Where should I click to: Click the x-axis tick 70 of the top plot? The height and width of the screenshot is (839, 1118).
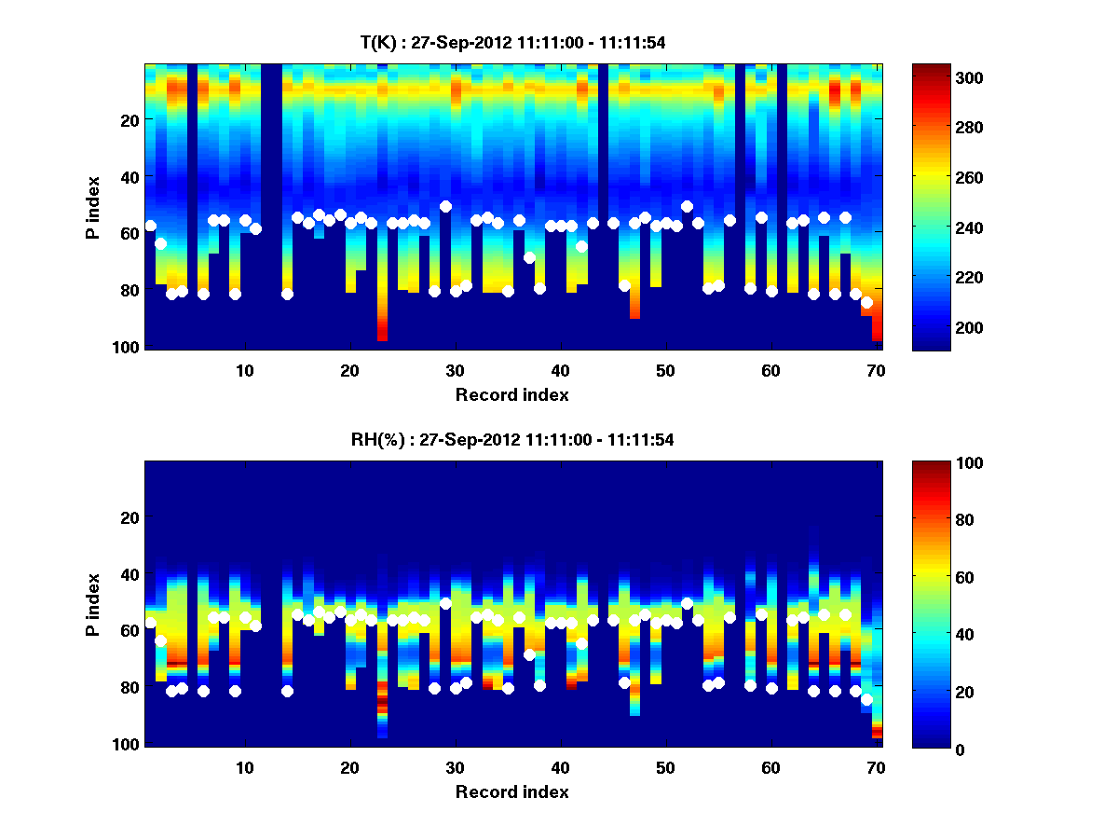pyautogui.click(x=876, y=370)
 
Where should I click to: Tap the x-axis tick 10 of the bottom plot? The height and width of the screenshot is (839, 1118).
pyautogui.click(x=244, y=767)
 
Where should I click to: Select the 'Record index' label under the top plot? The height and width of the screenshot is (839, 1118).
pyautogui.click(x=511, y=394)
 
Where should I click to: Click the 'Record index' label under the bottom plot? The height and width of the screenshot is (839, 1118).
pyautogui.click(x=511, y=791)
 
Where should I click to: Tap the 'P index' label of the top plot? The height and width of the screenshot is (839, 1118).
pyautogui.click(x=93, y=208)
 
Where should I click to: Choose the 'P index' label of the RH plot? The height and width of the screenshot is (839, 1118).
pyautogui.click(x=93, y=605)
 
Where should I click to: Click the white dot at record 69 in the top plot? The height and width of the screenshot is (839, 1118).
pyautogui.click(x=866, y=302)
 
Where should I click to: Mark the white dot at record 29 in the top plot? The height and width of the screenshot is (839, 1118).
pyautogui.click(x=445, y=206)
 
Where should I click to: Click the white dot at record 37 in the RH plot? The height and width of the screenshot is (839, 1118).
pyautogui.click(x=529, y=654)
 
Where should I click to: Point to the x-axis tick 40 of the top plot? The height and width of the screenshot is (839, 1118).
pyautogui.click(x=560, y=370)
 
